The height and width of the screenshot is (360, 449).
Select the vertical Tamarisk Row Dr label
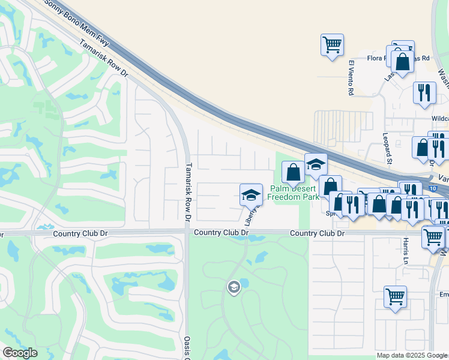point(188,192)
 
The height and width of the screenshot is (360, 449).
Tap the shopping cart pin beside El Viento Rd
point(332,44)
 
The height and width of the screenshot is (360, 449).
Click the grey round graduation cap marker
point(234,288)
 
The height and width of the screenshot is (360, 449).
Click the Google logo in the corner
point(20,353)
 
